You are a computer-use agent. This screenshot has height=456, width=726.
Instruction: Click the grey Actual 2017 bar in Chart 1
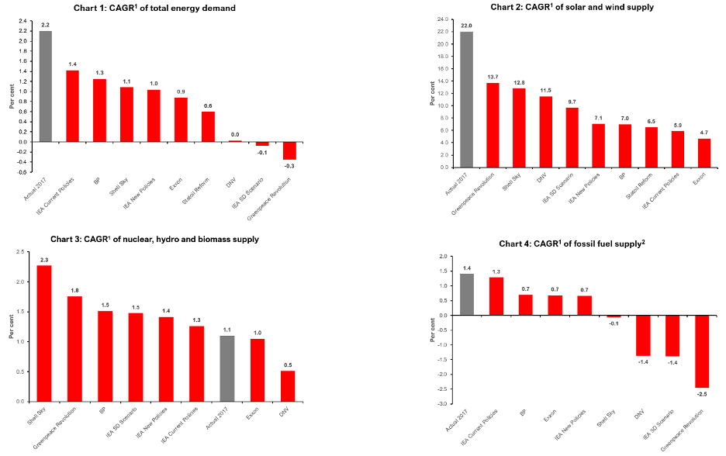(x=46, y=86)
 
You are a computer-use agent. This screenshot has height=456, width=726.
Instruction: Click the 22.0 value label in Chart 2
(x=466, y=26)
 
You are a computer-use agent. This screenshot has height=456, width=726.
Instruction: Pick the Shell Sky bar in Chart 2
(x=519, y=128)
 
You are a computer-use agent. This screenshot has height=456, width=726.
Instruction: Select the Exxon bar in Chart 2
(x=704, y=153)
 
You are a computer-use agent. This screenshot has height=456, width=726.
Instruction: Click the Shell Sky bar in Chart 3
(x=44, y=333)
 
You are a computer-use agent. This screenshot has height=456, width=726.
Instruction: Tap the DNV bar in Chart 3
(x=287, y=386)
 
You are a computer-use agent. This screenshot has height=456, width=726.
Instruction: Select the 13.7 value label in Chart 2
(x=493, y=77)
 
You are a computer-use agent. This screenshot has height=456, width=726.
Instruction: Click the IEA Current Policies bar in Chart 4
(x=496, y=296)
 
